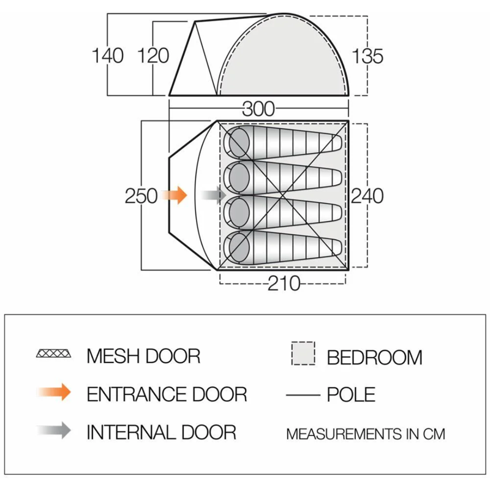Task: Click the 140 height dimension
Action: (x=108, y=56)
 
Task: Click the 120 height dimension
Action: (x=153, y=56)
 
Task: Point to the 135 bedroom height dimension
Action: (x=367, y=56)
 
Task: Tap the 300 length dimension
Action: (x=258, y=109)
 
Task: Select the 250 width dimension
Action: (x=141, y=196)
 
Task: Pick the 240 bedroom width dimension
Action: (x=367, y=196)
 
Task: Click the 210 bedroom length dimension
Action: (x=284, y=284)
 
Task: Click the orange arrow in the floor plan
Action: (x=174, y=195)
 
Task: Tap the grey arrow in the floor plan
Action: (x=213, y=195)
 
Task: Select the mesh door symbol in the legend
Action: (x=53, y=354)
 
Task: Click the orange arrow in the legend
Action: (x=54, y=392)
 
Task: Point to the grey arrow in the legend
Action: (x=54, y=431)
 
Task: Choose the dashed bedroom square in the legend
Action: (x=303, y=353)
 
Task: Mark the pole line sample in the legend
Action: (x=303, y=395)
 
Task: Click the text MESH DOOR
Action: (x=143, y=356)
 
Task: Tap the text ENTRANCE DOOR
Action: (x=167, y=394)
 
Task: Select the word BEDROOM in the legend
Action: (x=375, y=358)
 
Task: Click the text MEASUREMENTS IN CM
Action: (x=366, y=434)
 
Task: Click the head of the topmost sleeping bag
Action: (x=239, y=142)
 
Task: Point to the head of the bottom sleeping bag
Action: (x=239, y=247)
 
